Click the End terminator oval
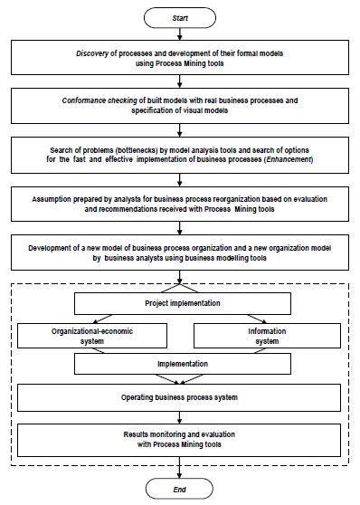click(183, 486)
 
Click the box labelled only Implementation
click(182, 364)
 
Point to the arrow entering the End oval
click(183, 469)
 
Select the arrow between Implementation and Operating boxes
click(183, 380)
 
